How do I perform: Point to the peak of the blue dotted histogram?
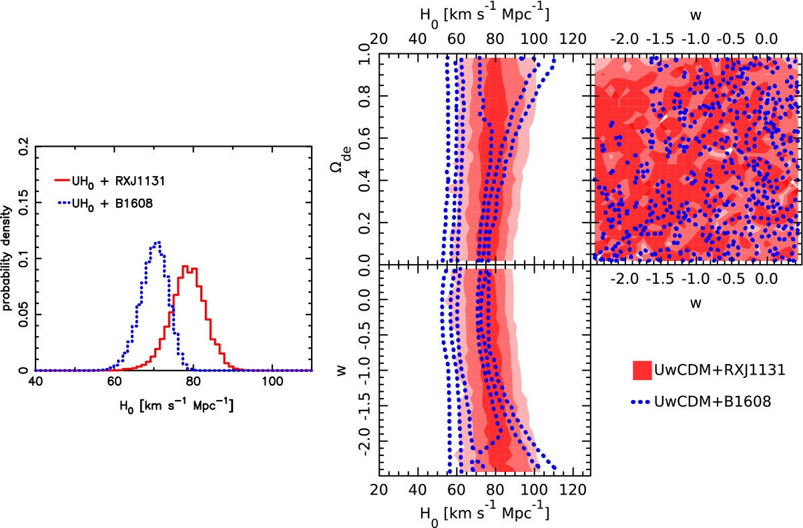pyautogui.click(x=158, y=243)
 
